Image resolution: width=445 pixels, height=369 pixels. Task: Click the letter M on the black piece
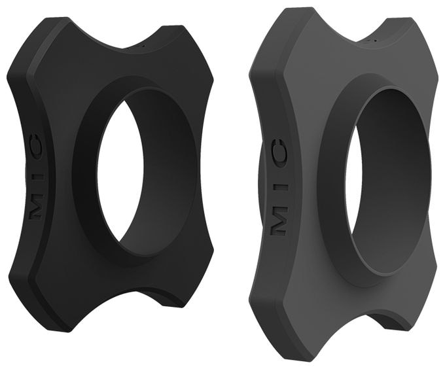(x=37, y=211)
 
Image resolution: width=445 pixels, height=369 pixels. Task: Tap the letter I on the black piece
(x=36, y=179)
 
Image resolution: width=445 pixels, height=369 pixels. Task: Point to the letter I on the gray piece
(x=280, y=188)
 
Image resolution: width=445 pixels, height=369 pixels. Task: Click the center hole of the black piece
(x=120, y=172)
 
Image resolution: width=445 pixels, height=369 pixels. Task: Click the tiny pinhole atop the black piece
(x=143, y=44)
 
